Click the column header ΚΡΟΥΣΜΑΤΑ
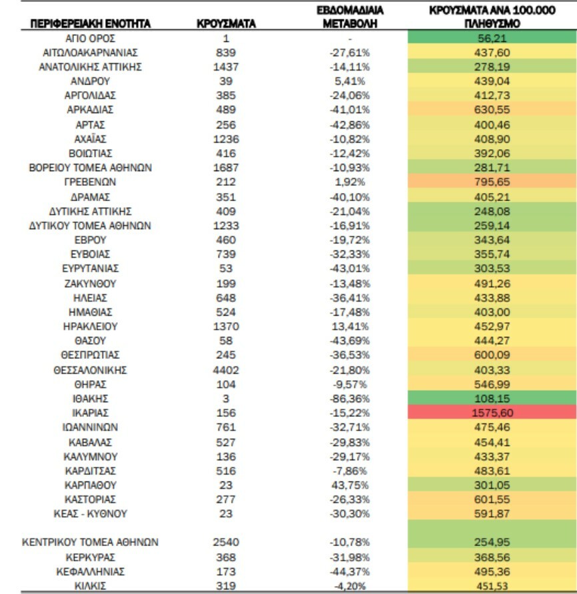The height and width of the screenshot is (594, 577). tap(226, 24)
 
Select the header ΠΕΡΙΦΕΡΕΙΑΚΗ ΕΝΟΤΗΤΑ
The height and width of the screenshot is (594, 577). tap(90, 24)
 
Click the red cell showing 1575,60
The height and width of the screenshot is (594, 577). tap(492, 413)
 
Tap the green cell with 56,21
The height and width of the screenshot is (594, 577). tap(492, 38)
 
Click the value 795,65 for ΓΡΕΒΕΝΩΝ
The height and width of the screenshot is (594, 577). tap(492, 182)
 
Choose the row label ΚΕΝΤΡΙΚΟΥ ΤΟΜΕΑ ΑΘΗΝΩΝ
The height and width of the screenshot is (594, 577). tap(89, 542)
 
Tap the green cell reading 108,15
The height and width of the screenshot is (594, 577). tap(492, 398)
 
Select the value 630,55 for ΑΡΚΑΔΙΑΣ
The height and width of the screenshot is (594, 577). tap(492, 110)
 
